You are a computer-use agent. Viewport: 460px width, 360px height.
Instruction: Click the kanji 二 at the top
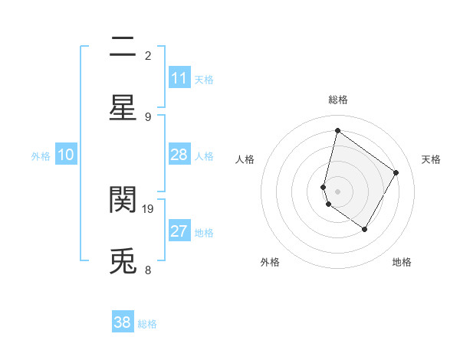click(x=123, y=48)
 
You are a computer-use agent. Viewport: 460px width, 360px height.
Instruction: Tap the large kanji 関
click(x=123, y=201)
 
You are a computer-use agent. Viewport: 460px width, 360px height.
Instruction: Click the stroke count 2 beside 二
click(x=148, y=55)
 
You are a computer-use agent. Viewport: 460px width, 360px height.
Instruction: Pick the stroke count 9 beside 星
click(x=148, y=116)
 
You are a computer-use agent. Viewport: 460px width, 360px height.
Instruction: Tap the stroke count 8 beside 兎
click(x=148, y=270)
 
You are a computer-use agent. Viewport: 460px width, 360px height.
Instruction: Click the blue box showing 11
click(x=179, y=78)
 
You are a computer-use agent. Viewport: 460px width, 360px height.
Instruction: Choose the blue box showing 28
click(x=179, y=155)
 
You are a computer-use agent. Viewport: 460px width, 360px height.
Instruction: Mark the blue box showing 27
click(x=179, y=231)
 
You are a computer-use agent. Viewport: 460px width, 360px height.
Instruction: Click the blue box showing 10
click(x=66, y=155)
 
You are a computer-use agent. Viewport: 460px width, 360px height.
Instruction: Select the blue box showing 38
click(x=123, y=322)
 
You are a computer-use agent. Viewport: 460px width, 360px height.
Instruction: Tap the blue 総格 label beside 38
click(x=147, y=324)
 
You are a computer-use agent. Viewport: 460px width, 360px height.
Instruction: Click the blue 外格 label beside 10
click(x=41, y=156)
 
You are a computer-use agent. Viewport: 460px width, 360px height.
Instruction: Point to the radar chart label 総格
click(x=338, y=100)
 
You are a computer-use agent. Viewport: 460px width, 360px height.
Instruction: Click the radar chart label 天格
click(x=431, y=159)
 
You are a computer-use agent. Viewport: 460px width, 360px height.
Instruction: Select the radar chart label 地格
click(x=402, y=262)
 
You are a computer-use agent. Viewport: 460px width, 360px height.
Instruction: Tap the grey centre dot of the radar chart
click(x=338, y=191)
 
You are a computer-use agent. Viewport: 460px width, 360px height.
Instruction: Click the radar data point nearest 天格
click(x=396, y=172)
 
